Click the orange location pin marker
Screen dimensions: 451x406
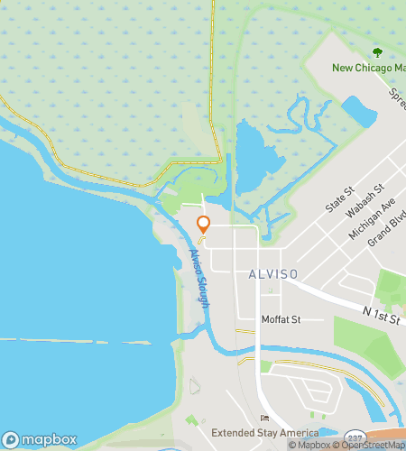204,225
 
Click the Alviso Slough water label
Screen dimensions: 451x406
199,279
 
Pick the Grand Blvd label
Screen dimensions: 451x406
387,234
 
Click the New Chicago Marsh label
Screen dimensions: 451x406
367,69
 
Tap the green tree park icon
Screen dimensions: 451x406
377,52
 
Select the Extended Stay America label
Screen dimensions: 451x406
266,433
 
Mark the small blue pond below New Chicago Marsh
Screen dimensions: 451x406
359,112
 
